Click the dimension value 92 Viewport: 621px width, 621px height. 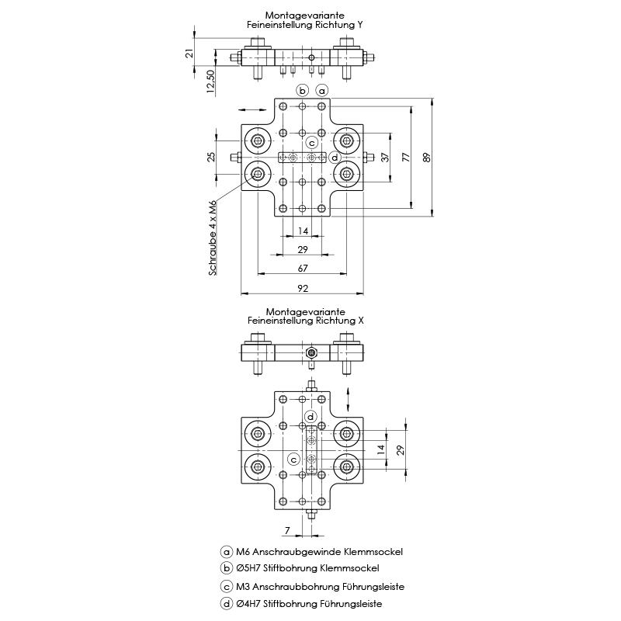coord(303,289)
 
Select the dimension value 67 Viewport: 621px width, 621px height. coord(303,269)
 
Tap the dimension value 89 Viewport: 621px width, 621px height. coord(426,157)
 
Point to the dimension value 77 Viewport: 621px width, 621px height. coord(406,157)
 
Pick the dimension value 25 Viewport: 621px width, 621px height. coord(210,157)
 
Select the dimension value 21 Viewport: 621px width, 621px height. coord(189,53)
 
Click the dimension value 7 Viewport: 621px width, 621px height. coord(287,530)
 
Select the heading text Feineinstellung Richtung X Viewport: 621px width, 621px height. coord(305,320)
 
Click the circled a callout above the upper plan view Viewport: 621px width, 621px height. coord(322,91)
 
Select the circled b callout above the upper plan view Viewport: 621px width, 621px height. coord(302,91)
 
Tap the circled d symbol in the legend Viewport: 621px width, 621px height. coord(227,603)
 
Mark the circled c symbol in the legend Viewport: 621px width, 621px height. coord(227,587)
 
